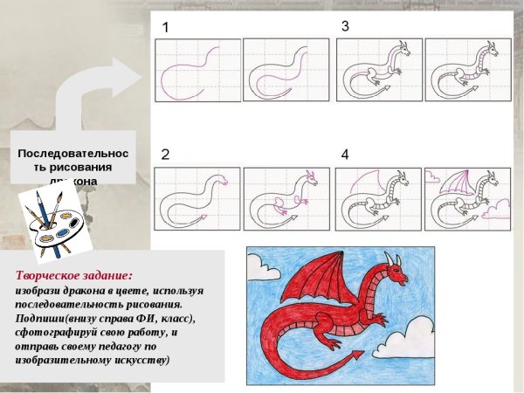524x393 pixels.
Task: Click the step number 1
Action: pyautogui.click(x=165, y=28)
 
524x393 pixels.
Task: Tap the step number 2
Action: pyautogui.click(x=165, y=155)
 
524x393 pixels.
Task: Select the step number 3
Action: pyautogui.click(x=345, y=27)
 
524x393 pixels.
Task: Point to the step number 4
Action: pyautogui.click(x=345, y=155)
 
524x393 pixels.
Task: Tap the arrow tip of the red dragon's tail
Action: pyautogui.click(x=357, y=356)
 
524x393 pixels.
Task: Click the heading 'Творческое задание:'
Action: pyautogui.click(x=73, y=274)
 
